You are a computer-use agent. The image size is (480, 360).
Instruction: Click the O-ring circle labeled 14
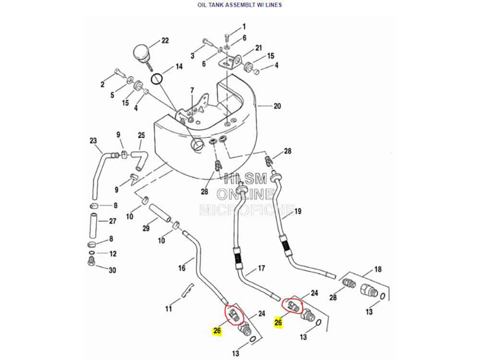pyautogui.click(x=157, y=78)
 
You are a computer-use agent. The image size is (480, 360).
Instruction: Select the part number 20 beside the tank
pyautogui.click(x=277, y=107)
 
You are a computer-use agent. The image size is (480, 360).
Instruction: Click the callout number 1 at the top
pyautogui.click(x=244, y=27)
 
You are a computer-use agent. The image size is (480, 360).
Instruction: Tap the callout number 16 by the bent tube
pyautogui.click(x=182, y=268)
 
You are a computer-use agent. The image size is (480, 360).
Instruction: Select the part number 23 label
pyautogui.click(x=93, y=141)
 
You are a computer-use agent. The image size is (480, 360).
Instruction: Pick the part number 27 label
pyautogui.click(x=112, y=222)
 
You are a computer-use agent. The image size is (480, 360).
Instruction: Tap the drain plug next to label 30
pyautogui.click(x=91, y=261)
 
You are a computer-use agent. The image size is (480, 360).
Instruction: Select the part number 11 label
pyautogui.click(x=168, y=309)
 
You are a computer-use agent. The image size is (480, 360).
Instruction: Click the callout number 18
pyautogui.click(x=378, y=270)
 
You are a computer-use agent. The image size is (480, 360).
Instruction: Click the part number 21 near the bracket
pyautogui.click(x=259, y=48)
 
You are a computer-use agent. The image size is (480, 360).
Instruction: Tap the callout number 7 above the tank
pyautogui.click(x=192, y=90)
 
